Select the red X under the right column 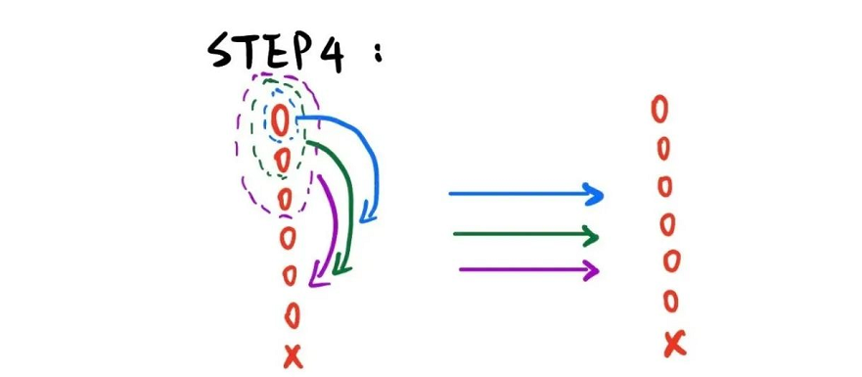tap(673, 344)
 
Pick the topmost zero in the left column tap(281, 121)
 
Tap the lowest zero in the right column tap(671, 301)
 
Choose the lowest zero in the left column tap(292, 315)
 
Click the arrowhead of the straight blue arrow tap(594, 194)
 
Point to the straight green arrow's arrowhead tap(590, 236)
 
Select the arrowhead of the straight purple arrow tap(591, 270)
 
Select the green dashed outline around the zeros tap(252, 137)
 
